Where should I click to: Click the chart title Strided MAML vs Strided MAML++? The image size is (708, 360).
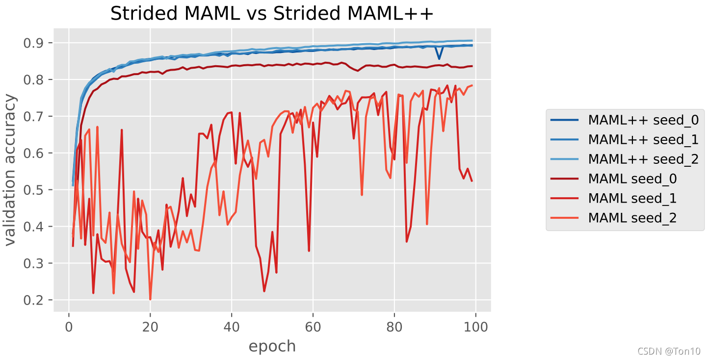[272, 14]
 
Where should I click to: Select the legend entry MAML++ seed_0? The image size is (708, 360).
[643, 119]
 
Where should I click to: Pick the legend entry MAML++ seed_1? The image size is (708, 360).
[643, 139]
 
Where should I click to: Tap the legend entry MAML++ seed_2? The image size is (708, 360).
[643, 159]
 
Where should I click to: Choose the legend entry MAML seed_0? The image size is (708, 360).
[632, 179]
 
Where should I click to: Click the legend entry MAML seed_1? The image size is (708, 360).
[632, 198]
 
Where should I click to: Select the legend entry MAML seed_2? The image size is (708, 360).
[632, 218]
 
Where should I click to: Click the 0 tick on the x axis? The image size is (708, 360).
[69, 326]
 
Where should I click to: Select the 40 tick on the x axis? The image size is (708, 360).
[232, 326]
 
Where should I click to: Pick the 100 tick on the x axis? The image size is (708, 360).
[476, 326]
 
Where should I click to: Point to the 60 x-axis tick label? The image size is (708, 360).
[313, 326]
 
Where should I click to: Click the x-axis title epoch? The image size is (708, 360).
[272, 346]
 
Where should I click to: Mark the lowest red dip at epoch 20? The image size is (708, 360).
[150, 299]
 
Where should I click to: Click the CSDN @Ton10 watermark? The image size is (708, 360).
[669, 351]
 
